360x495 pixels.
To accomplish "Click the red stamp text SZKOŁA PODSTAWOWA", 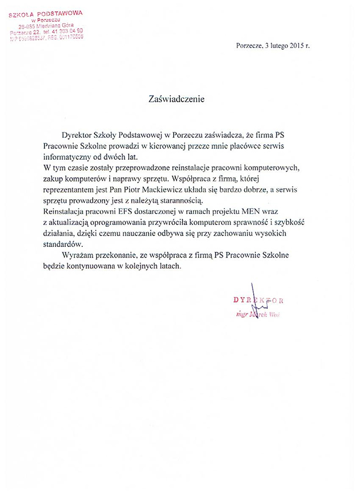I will (x=47, y=12).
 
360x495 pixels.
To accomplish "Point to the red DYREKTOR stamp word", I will (x=255, y=300).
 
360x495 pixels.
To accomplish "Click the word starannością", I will (x=182, y=201).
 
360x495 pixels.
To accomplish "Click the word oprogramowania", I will (x=121, y=223).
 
